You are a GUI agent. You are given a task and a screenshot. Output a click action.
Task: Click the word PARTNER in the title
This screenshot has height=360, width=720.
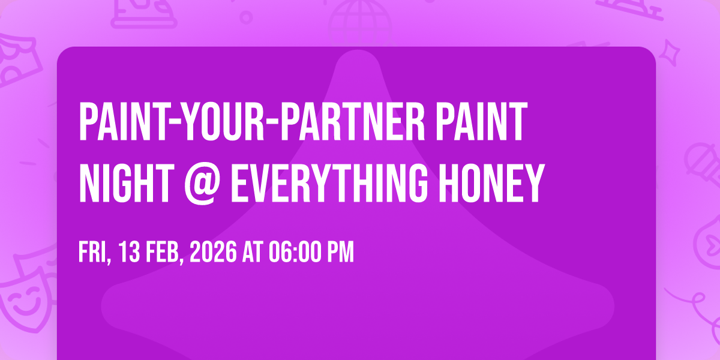coord(353,122)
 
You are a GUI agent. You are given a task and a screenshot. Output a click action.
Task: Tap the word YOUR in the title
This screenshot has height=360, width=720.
coord(220,122)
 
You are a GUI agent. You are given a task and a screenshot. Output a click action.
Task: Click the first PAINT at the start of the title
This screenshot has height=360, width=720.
coord(122,122)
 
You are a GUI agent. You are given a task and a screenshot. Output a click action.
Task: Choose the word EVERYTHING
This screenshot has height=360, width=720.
coord(329,183)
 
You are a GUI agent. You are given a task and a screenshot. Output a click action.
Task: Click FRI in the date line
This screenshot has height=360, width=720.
coord(95,253)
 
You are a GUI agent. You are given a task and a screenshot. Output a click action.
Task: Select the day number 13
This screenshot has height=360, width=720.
coord(129,252)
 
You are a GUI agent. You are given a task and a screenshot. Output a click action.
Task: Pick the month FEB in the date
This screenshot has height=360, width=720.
coord(165,253)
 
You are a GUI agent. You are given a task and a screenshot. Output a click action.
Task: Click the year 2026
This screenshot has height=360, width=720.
coord(213,252)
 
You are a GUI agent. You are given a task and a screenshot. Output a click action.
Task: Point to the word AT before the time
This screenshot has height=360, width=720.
coord(253,252)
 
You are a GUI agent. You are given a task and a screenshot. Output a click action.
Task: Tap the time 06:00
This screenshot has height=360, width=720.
coord(295,252)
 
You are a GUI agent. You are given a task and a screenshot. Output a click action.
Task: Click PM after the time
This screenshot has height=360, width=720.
coord(341,252)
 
